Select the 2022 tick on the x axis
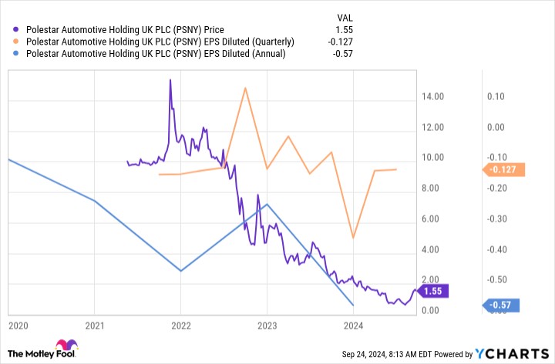180,326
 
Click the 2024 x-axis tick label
353,326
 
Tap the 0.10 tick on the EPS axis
495,97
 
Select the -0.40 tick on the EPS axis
495,249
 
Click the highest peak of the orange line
245,88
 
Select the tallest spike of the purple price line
170,79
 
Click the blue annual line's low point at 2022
180,271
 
